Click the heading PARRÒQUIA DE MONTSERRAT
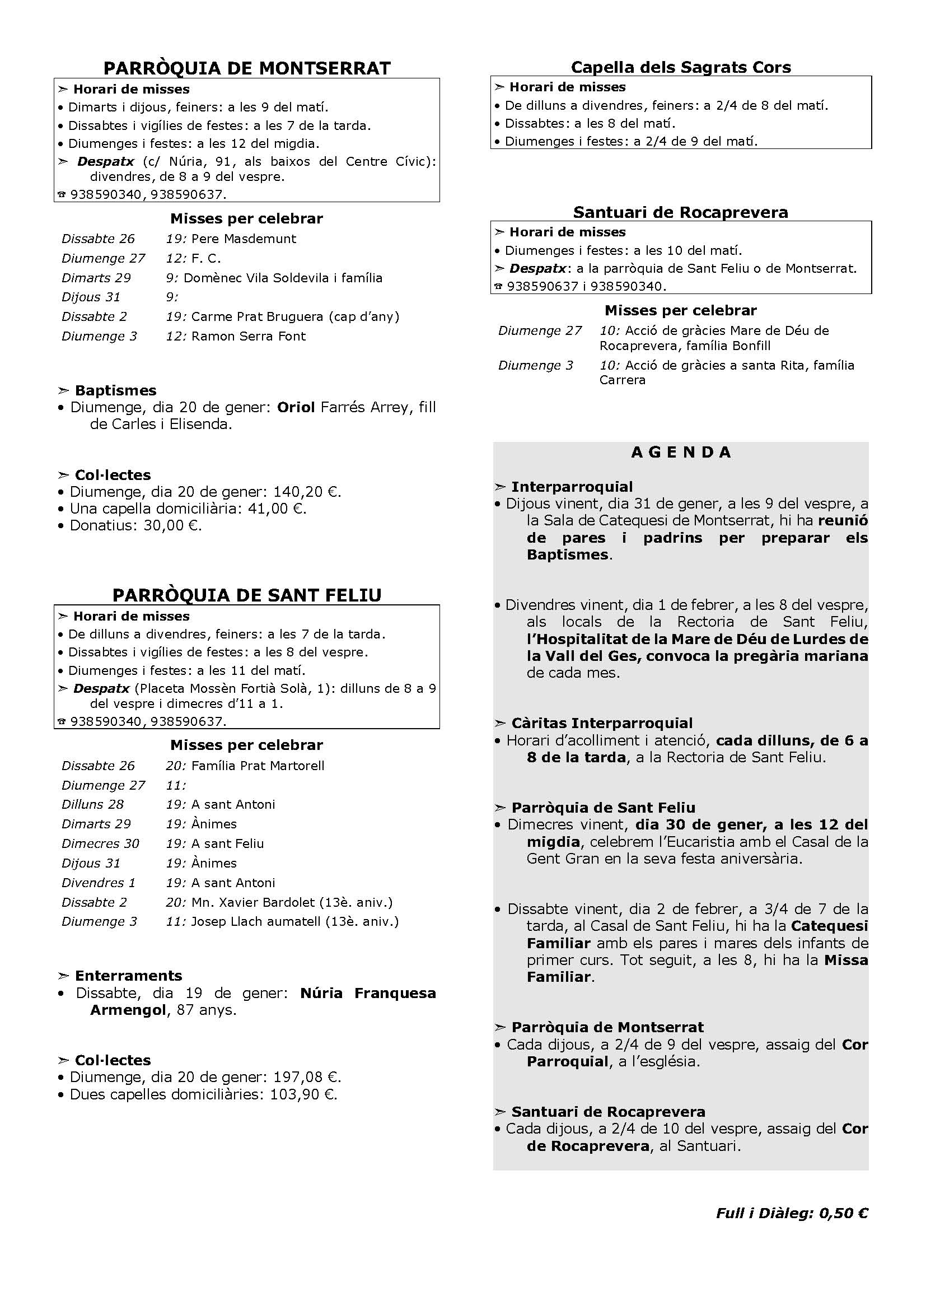(246, 68)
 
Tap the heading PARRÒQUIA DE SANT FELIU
(246, 595)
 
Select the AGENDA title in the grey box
(681, 453)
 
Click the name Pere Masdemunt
(244, 239)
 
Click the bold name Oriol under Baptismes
(296, 407)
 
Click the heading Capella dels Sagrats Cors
(681, 67)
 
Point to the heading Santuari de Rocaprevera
(681, 212)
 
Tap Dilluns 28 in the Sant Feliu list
(92, 804)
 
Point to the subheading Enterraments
(128, 976)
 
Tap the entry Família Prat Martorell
(258, 766)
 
